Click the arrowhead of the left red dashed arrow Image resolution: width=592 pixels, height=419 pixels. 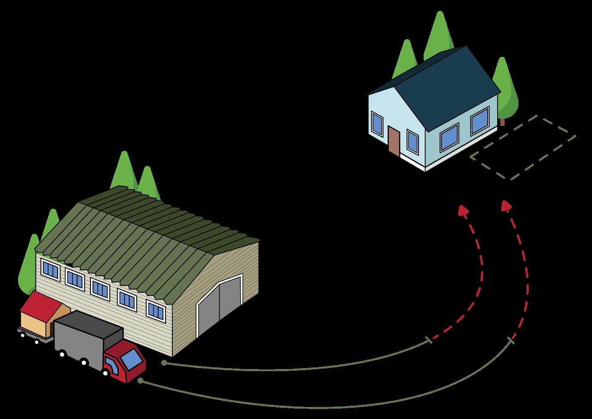[x=463, y=210]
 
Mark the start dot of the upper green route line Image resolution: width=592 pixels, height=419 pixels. [x=164, y=363]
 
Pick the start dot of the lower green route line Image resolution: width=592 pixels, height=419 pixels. [x=140, y=381]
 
